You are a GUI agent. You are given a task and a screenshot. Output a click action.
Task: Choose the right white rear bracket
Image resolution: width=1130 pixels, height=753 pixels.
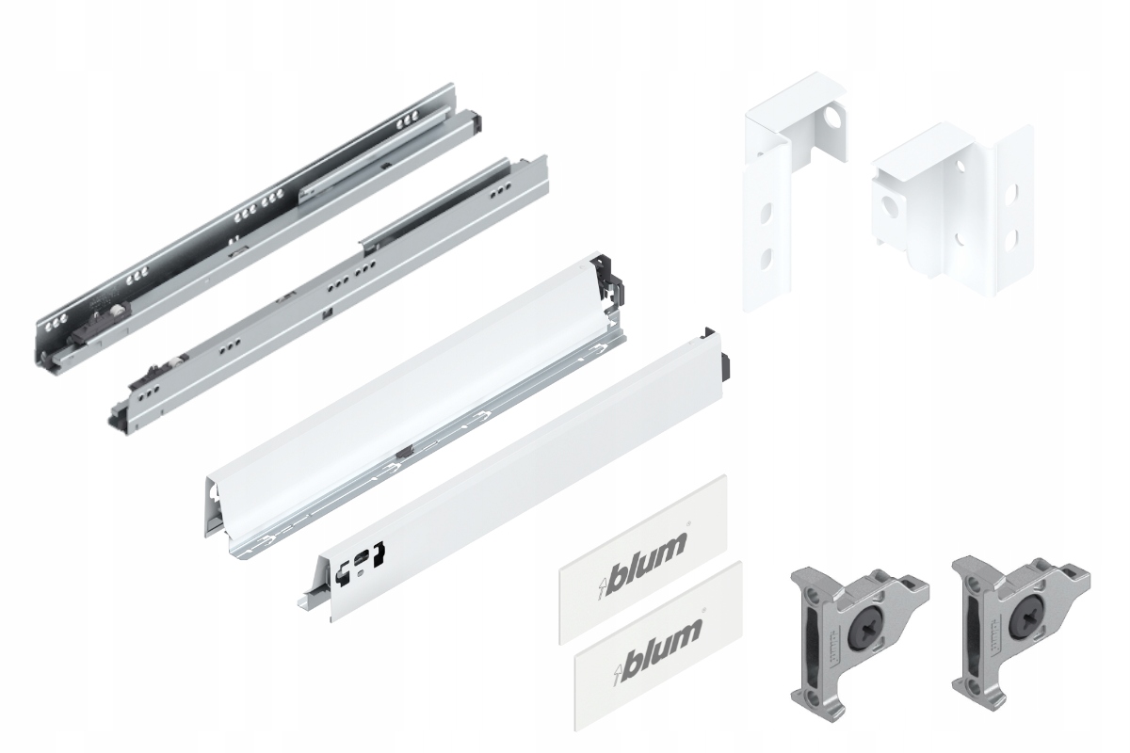(x=951, y=207)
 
